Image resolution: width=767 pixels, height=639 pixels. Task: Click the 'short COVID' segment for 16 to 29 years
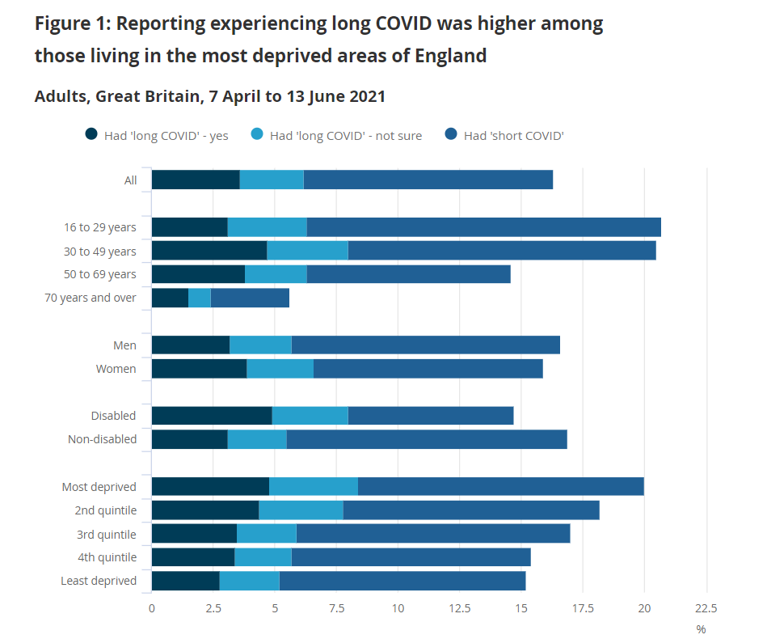483,227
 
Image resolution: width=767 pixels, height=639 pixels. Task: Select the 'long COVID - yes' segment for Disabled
212,416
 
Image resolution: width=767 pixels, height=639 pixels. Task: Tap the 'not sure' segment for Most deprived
314,487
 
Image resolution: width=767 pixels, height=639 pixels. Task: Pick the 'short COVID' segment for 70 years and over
250,298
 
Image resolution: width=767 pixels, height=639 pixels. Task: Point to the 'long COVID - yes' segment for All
196,180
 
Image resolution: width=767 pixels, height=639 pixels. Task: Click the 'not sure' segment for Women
280,369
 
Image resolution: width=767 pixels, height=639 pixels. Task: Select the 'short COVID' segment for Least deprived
402,581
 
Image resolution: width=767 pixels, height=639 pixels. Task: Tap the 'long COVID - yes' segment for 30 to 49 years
209,251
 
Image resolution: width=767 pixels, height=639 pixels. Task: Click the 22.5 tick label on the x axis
706,608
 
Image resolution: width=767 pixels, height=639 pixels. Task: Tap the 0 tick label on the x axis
152,608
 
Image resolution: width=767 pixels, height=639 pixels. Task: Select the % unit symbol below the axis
701,628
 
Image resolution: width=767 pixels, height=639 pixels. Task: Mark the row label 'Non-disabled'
103,439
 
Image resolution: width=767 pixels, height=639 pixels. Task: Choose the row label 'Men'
125,345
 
